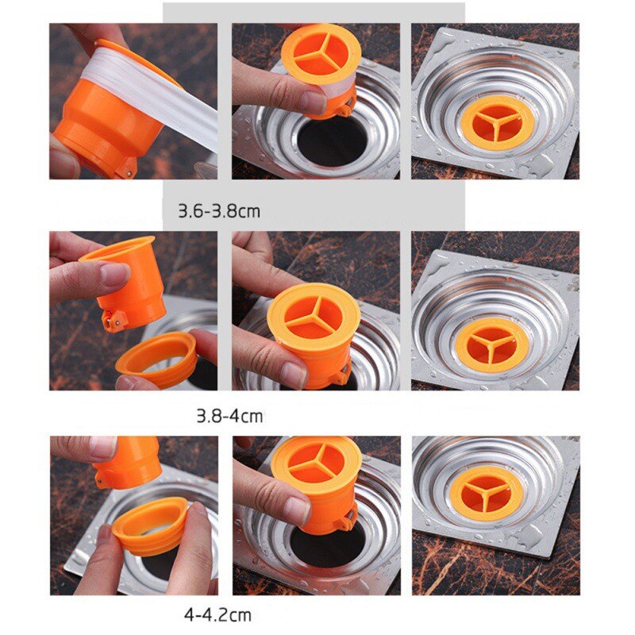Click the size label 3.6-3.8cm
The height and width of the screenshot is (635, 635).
click(219, 212)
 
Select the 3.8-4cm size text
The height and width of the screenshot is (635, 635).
click(229, 415)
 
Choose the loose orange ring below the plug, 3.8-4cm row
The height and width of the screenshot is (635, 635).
click(156, 360)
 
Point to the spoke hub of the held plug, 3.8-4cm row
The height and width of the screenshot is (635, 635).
click(314, 318)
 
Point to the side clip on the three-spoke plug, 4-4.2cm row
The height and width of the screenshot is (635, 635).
click(347, 521)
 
